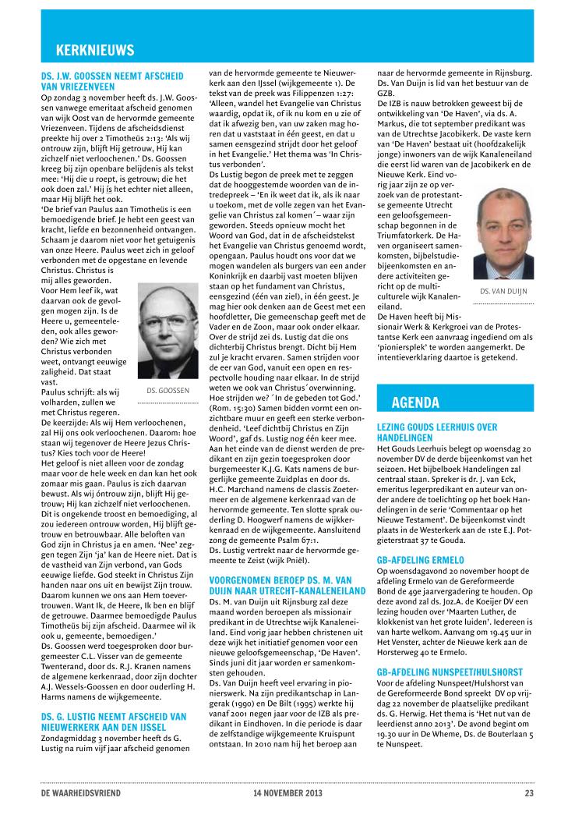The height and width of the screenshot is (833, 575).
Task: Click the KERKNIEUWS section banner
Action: pyautogui.click(x=95, y=51)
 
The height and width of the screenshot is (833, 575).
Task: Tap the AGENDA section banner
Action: pyautogui.click(x=415, y=402)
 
